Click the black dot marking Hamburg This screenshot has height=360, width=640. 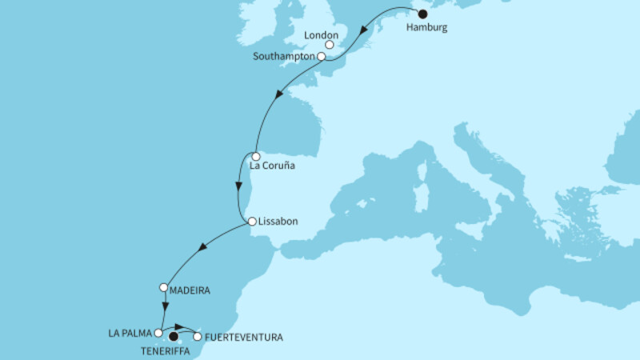point(422,14)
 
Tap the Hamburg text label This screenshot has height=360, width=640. point(427,27)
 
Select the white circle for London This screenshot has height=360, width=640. point(341,46)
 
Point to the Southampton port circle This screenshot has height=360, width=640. point(321,57)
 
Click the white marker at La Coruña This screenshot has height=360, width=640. point(255,156)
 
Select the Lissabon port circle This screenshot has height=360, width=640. point(251,222)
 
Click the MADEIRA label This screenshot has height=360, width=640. point(190,290)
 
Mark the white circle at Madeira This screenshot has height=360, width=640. point(164,287)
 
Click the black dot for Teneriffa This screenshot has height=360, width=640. point(174,337)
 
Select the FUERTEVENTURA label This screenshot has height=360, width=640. point(243,338)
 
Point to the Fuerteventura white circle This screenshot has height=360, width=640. point(198,337)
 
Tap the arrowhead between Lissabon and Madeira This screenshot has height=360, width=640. point(202,249)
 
